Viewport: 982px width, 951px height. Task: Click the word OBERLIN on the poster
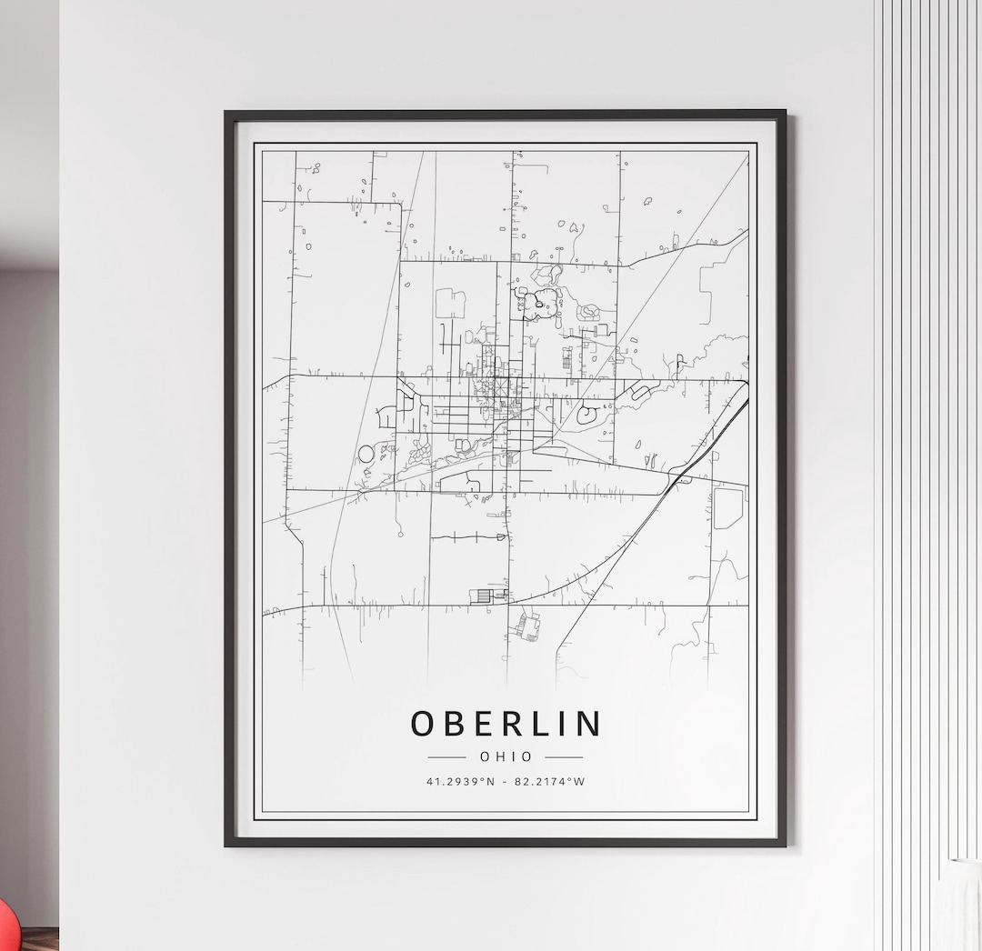[506, 724]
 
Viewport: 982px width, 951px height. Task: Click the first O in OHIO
[485, 756]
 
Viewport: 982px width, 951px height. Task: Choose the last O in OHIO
[527, 756]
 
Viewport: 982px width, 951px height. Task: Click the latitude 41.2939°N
[461, 781]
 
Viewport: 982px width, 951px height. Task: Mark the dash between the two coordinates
[506, 781]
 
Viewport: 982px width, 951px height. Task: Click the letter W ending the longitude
[580, 781]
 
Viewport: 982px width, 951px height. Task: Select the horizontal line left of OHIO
[446, 756]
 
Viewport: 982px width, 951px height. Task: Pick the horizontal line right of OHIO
[564, 756]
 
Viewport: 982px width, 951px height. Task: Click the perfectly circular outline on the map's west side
[366, 453]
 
